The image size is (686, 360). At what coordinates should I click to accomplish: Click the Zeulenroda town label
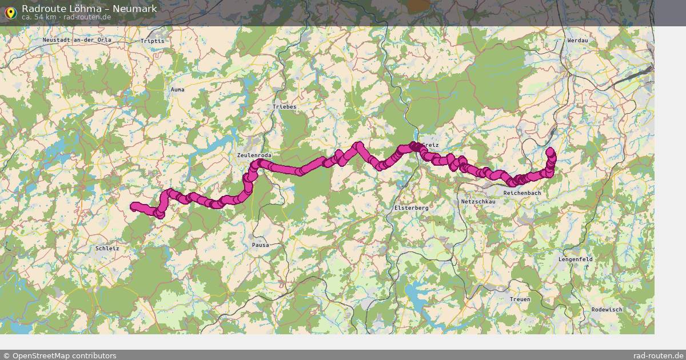254,155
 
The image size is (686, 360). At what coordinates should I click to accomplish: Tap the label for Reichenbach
522,193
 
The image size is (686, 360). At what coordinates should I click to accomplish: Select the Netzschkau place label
478,202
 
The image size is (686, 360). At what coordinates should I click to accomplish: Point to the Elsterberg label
411,208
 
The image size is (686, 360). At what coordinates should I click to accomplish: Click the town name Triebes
285,107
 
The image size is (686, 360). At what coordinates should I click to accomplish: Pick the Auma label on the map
178,90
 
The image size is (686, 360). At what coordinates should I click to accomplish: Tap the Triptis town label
152,41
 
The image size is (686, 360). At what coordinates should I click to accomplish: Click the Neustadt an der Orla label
77,40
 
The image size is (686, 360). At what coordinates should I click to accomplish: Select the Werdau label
577,41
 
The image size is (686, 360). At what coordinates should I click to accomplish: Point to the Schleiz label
107,249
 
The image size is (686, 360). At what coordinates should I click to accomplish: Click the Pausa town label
260,245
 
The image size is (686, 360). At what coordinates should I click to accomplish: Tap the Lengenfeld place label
576,259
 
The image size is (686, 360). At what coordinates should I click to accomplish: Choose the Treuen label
520,299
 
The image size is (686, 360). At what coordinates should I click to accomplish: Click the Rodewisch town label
607,309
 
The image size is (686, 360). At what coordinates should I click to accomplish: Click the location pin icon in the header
10,12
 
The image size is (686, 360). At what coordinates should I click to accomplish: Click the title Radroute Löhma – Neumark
89,9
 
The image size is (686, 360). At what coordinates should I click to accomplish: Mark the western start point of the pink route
133,206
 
